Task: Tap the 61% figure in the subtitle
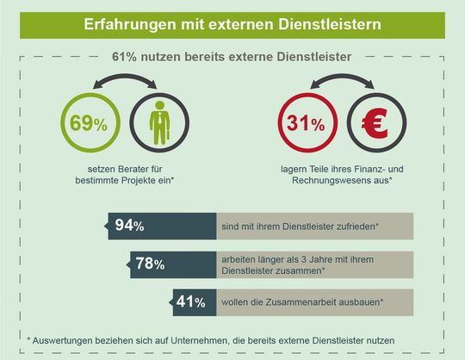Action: [x=127, y=56]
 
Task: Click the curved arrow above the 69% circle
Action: [x=123, y=82]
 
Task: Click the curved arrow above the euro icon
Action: [x=340, y=82]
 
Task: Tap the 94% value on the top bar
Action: [x=130, y=227]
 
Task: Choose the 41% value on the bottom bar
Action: [x=189, y=302]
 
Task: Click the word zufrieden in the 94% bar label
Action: [x=353, y=227]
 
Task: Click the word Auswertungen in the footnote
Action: [x=67, y=340]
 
